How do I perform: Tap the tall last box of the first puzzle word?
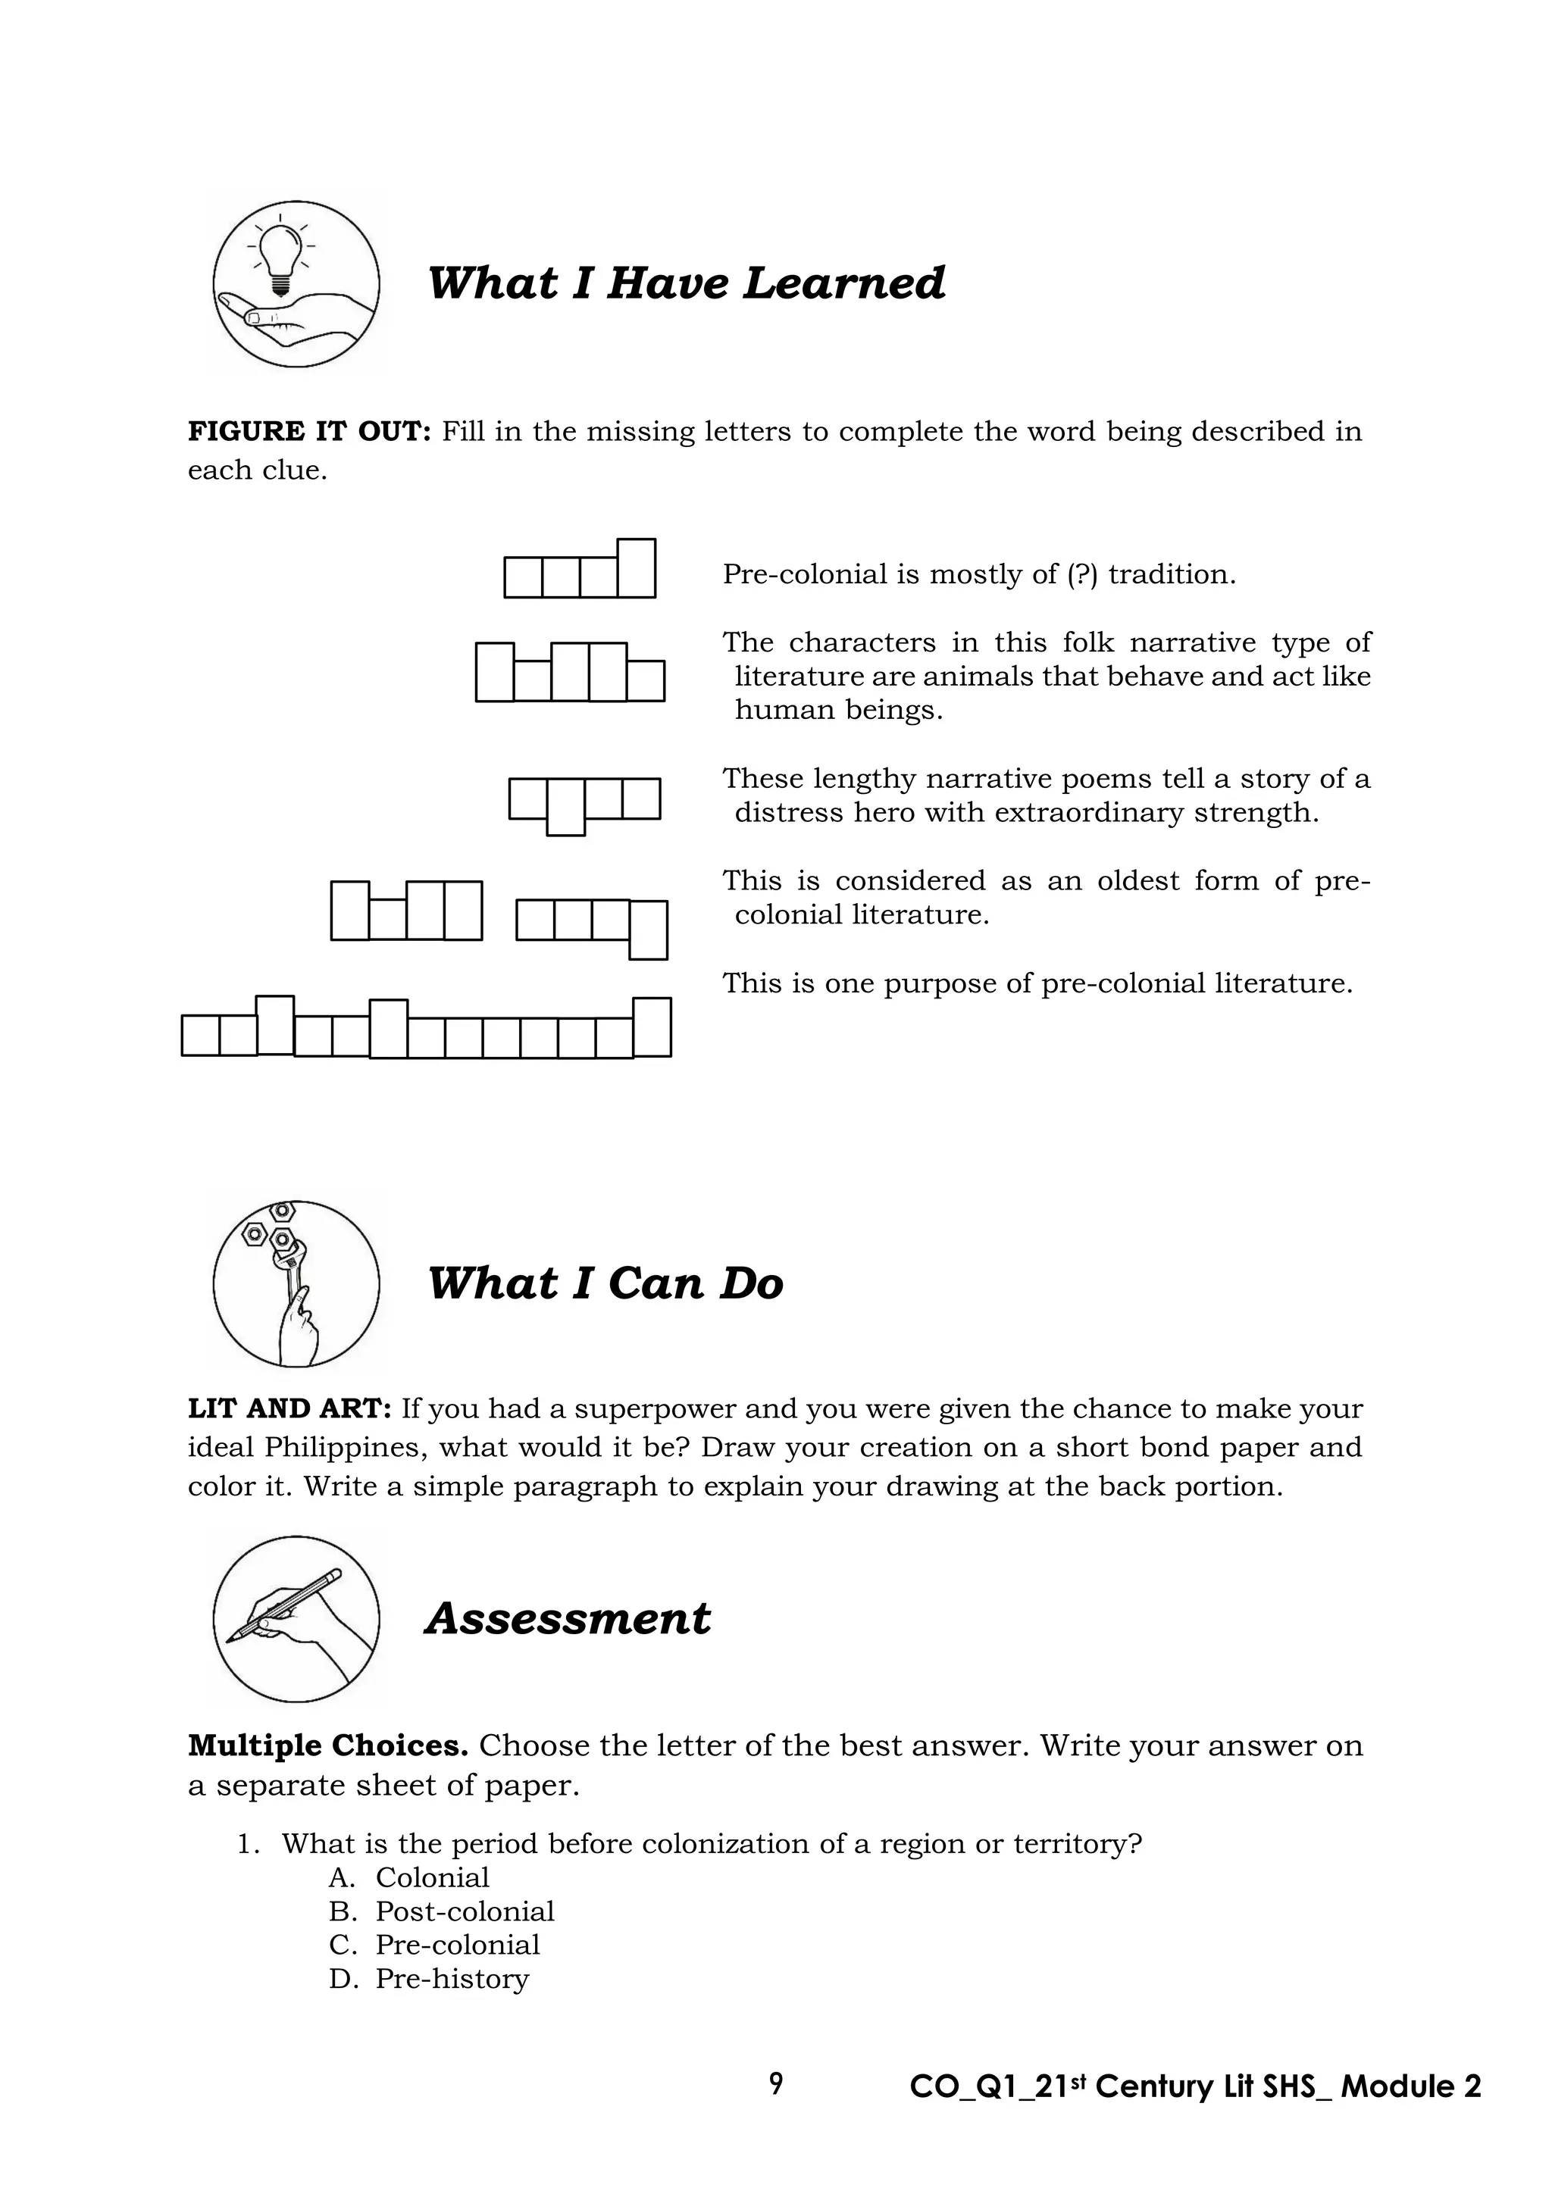[637, 567]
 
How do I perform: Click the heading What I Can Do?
[605, 1283]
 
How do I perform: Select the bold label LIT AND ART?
[289, 1409]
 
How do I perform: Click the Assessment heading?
[568, 1619]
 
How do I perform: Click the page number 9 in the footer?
[776, 2084]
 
